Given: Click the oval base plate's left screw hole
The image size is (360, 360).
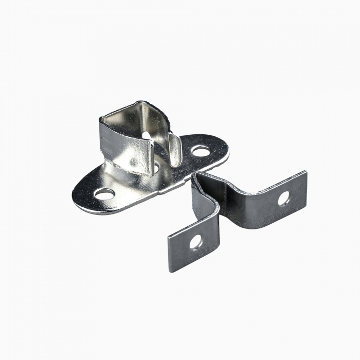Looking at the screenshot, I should [x=104, y=194].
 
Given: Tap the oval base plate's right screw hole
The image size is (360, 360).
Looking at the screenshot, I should [x=201, y=151].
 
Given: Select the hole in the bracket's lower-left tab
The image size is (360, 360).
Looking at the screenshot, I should [x=195, y=242].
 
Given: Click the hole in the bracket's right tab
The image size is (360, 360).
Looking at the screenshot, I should [x=284, y=198].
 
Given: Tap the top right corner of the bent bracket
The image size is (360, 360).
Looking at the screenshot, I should [x=305, y=172].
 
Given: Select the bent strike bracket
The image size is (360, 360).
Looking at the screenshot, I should [x=242, y=211].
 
